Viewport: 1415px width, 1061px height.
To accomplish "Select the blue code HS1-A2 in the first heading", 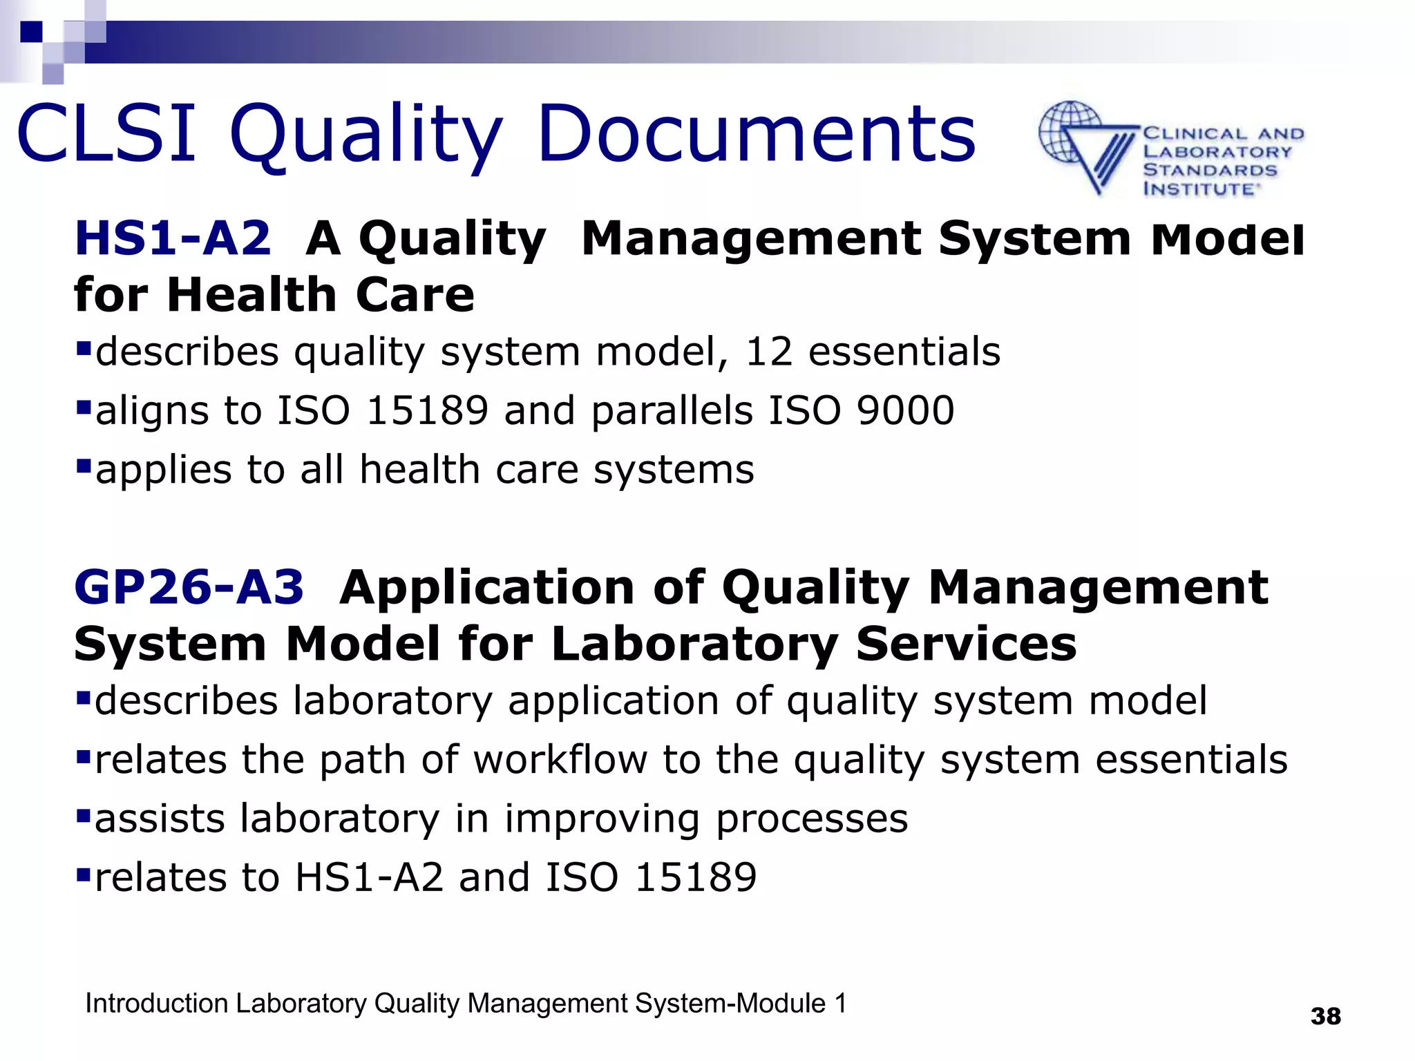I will (173, 238).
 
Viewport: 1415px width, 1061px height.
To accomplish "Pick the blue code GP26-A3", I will (189, 587).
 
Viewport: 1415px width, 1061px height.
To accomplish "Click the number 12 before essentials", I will (768, 352).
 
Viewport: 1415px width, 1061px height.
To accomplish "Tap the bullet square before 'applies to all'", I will (84, 467).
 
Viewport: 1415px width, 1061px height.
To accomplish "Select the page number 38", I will (1325, 1016).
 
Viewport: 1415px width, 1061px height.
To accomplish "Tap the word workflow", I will (560, 760).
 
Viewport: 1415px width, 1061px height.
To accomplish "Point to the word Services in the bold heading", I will (966, 644).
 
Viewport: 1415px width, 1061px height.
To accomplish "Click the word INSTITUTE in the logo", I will (1198, 189).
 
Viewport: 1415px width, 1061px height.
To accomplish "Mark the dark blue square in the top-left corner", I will (31, 32).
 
